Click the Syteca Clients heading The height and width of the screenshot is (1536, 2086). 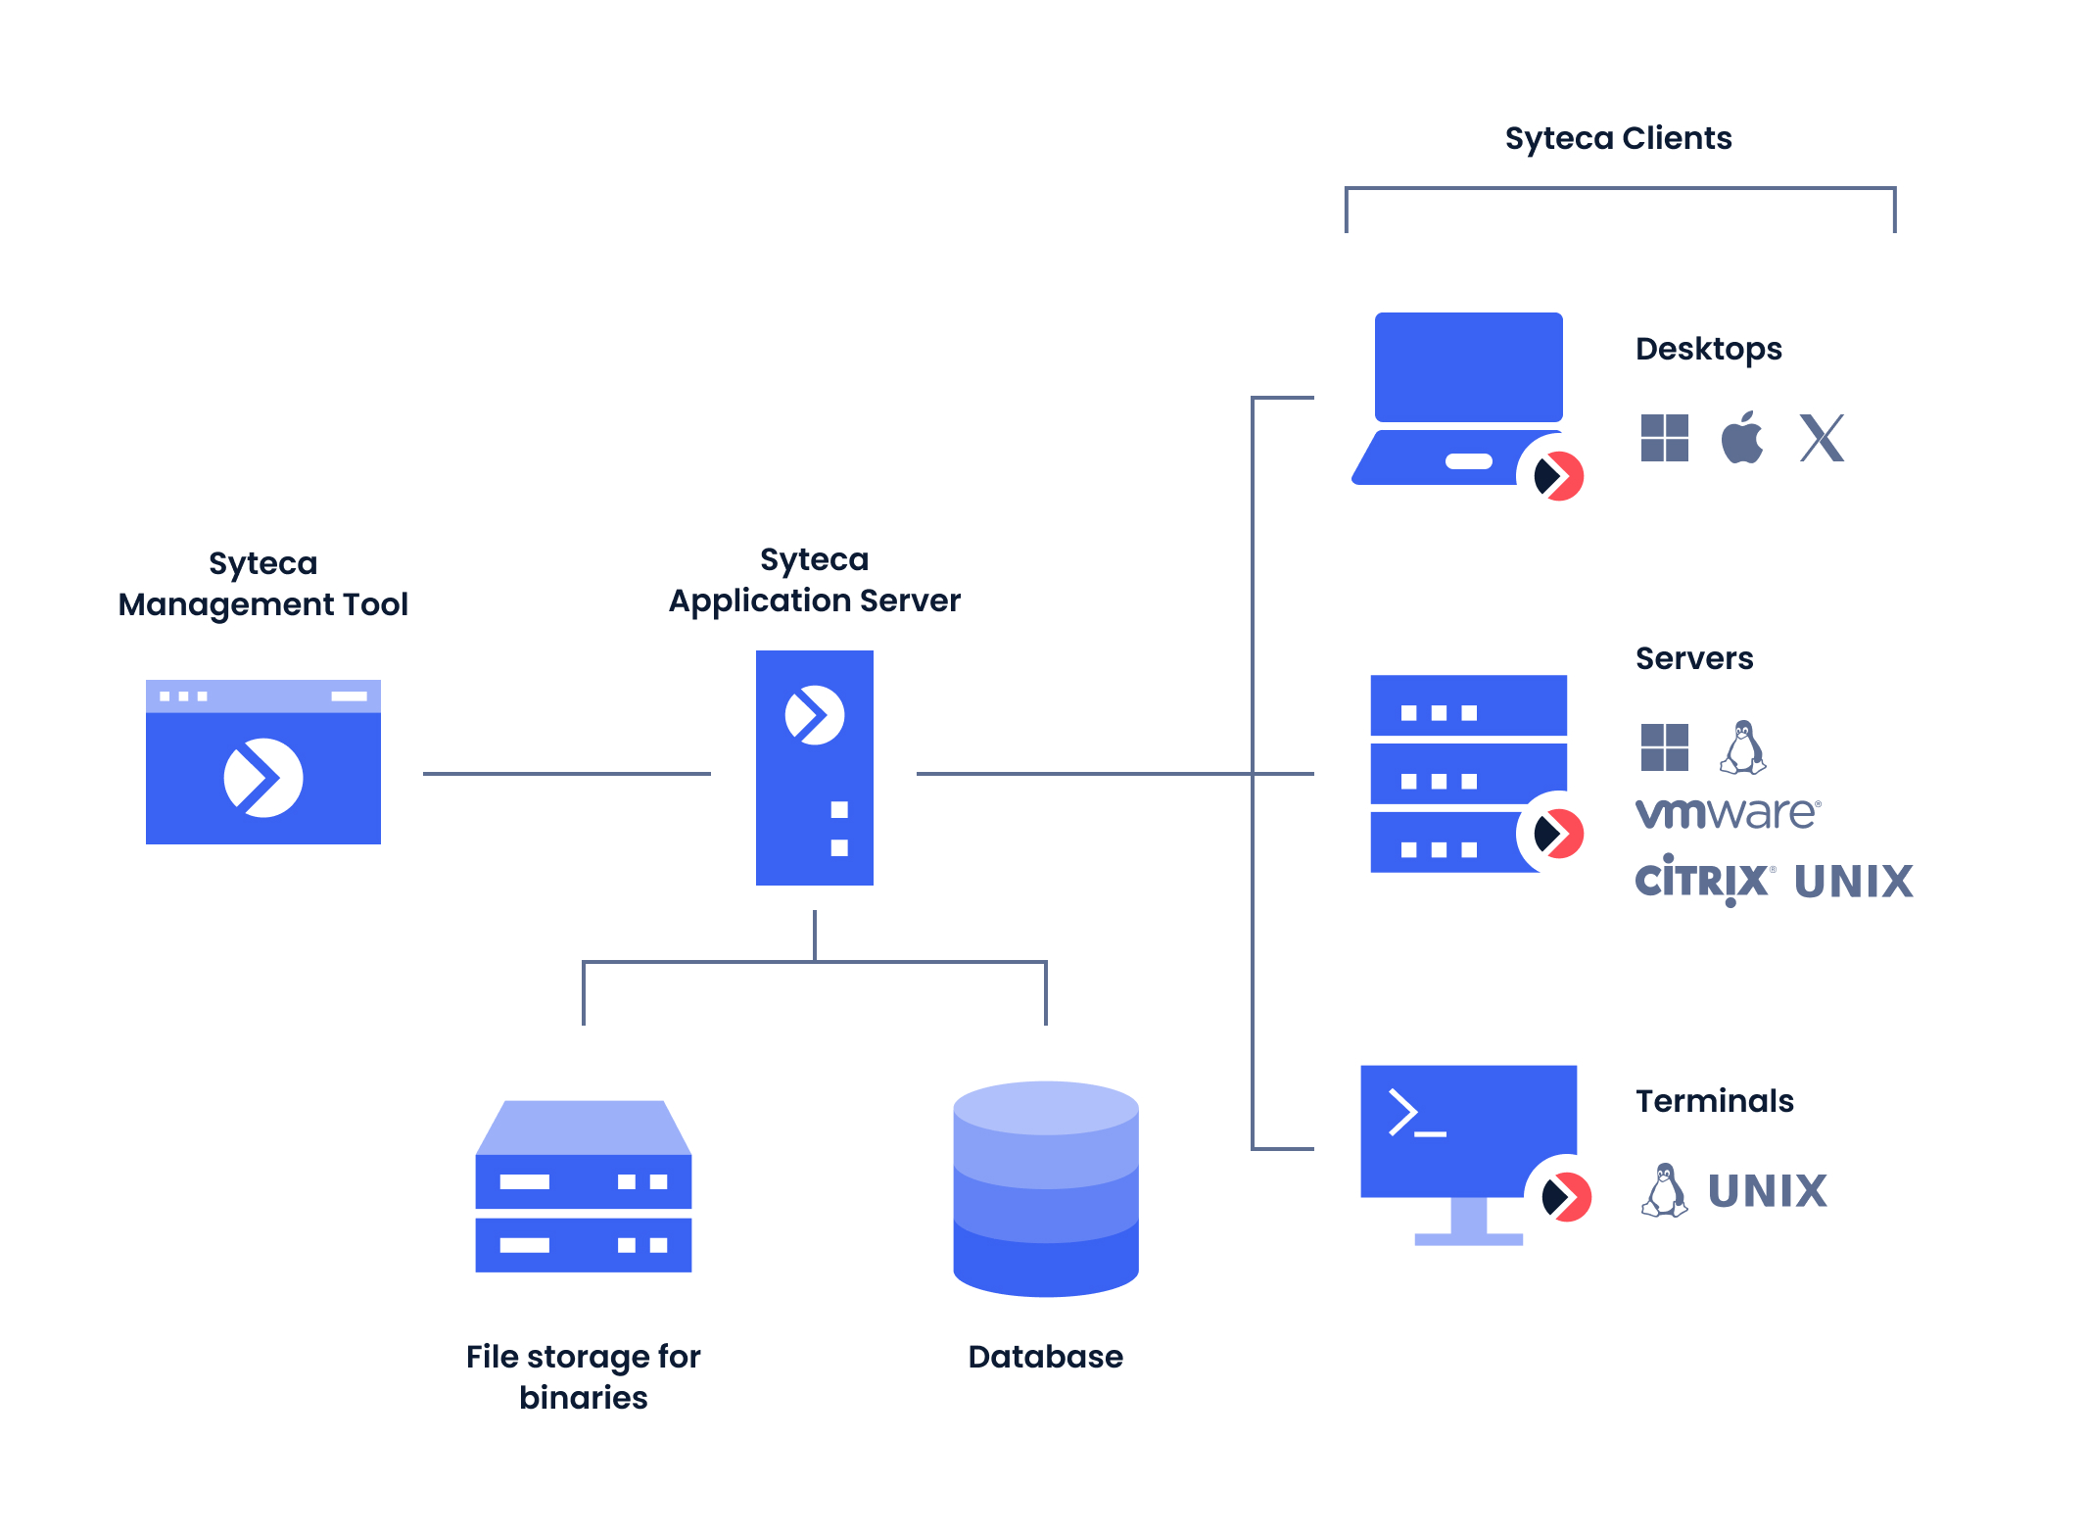click(1618, 138)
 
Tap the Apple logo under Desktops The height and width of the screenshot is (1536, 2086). click(1742, 438)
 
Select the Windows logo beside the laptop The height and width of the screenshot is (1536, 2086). click(1664, 438)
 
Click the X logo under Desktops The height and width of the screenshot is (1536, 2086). click(1822, 438)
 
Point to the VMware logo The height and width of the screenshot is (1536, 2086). click(1728, 813)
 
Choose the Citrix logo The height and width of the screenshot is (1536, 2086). click(1703, 880)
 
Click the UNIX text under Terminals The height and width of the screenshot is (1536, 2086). click(1767, 1191)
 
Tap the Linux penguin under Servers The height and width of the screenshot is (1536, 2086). click(1742, 747)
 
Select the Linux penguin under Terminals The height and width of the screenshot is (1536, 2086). click(1664, 1190)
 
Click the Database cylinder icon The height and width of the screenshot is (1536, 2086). click(1046, 1188)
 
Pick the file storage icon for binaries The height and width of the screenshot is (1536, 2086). click(584, 1186)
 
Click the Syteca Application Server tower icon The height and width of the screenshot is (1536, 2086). click(814, 767)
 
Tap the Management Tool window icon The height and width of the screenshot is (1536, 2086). click(262, 761)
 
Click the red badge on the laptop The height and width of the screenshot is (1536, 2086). click(1558, 476)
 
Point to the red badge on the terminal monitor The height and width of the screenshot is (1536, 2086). click(1565, 1196)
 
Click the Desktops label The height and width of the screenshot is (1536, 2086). click(1708, 349)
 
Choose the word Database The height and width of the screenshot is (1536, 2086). click(1045, 1356)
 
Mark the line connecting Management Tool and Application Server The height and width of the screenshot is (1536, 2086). click(566, 774)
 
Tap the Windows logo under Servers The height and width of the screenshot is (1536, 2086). click(1664, 747)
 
